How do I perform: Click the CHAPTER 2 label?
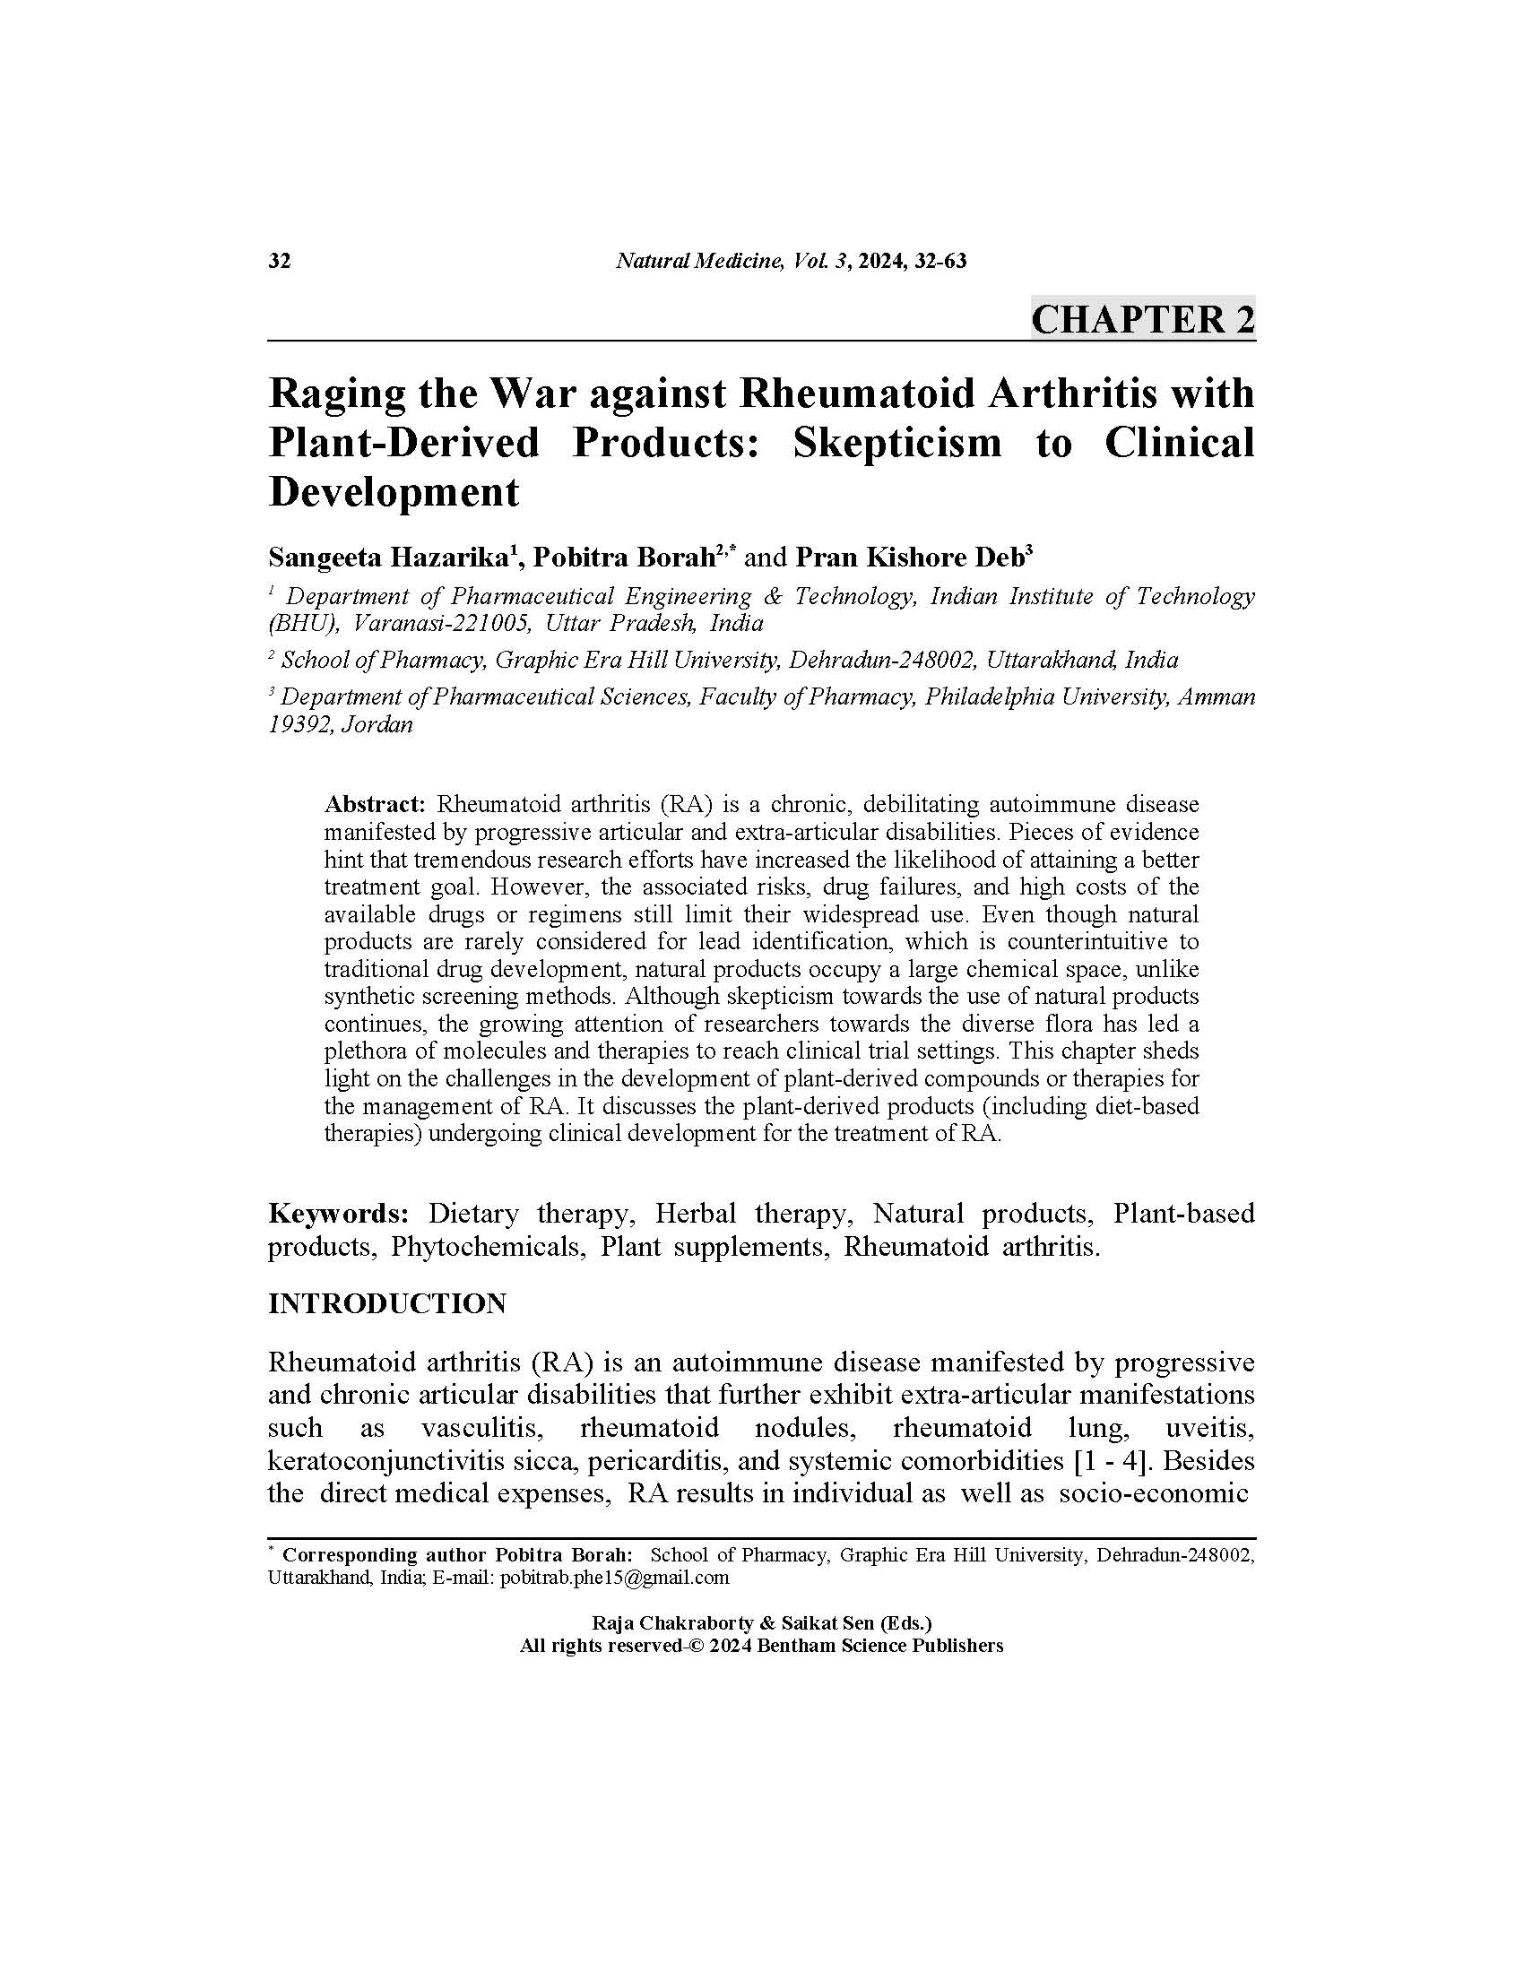[1142, 320]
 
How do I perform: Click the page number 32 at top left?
[280, 262]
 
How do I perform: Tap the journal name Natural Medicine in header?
[697, 262]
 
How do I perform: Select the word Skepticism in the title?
[896, 443]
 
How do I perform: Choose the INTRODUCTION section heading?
[387, 1304]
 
